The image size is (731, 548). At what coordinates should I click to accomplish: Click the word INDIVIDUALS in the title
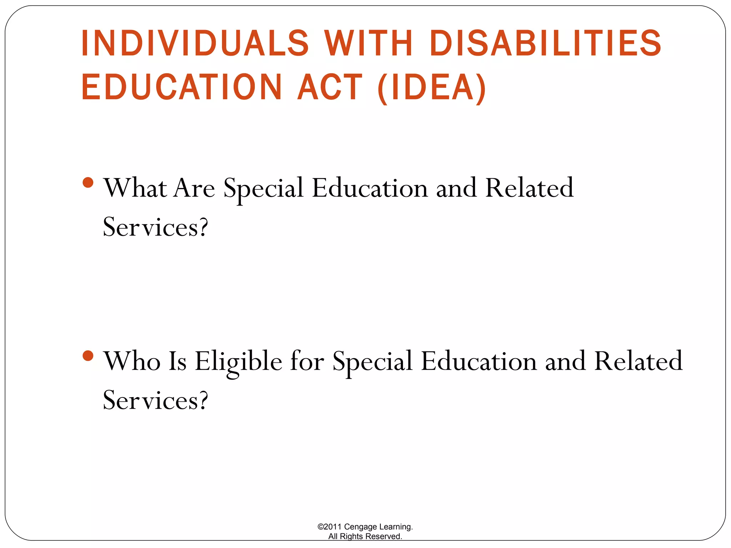point(195,43)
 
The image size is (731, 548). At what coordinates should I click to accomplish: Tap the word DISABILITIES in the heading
point(546,43)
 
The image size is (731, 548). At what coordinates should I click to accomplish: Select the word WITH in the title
point(369,43)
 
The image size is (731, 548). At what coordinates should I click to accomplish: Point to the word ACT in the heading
point(331,87)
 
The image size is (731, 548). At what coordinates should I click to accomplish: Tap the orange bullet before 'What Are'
point(88,183)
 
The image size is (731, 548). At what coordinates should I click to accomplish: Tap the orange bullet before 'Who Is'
point(88,356)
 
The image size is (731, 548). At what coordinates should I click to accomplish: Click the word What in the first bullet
point(135,188)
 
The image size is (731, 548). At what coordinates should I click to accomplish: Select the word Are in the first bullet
point(195,188)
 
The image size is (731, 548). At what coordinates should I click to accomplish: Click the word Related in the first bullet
point(529,188)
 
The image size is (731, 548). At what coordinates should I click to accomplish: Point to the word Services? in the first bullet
point(155,227)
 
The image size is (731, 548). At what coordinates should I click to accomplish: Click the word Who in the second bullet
point(132,361)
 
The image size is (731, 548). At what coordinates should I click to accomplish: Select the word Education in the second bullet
point(479,361)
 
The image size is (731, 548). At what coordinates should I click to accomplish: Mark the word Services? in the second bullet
point(155,400)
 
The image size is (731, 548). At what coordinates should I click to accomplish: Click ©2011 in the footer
point(329,527)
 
